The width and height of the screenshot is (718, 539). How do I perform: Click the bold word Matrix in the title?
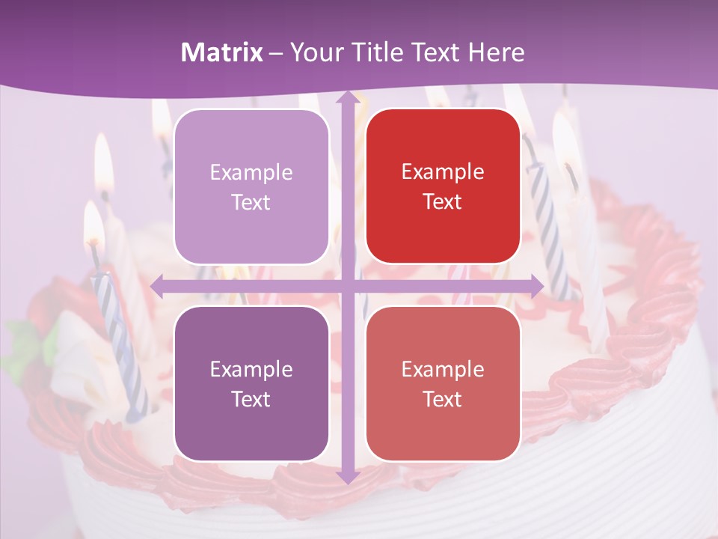pyautogui.click(x=222, y=52)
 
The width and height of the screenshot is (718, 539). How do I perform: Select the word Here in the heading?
pyautogui.click(x=496, y=52)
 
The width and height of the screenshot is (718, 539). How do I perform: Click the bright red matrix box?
pyautogui.click(x=443, y=186)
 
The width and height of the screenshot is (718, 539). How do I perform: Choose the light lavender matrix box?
pyautogui.click(x=251, y=186)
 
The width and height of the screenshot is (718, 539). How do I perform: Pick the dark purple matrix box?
pyautogui.click(x=251, y=383)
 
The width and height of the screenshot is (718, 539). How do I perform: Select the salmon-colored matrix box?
pyautogui.click(x=443, y=383)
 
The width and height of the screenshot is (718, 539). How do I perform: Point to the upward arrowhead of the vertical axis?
pyautogui.click(x=347, y=98)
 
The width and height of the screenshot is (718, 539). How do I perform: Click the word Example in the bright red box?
pyautogui.click(x=443, y=172)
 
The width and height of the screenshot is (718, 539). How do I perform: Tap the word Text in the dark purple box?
pyautogui.click(x=251, y=399)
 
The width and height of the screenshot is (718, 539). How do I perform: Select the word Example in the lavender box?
pyautogui.click(x=251, y=173)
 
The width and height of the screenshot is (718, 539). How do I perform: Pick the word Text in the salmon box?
pyautogui.click(x=443, y=399)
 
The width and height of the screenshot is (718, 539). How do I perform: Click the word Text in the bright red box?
pyautogui.click(x=443, y=202)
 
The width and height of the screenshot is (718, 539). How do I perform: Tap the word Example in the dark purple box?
pyautogui.click(x=251, y=370)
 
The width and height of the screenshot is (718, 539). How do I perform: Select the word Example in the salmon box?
pyautogui.click(x=443, y=370)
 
